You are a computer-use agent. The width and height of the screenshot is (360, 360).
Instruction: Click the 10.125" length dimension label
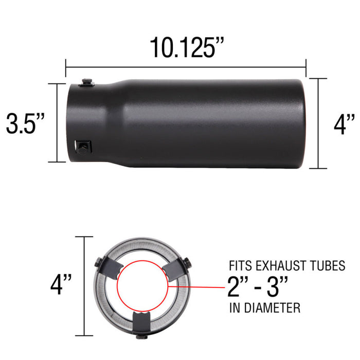[x=186, y=47]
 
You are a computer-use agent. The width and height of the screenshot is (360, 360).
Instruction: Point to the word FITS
[x=239, y=267]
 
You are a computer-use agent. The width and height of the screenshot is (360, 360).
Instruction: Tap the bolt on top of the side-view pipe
[x=87, y=82]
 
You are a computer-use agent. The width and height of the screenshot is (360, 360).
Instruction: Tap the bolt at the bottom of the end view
[x=141, y=337]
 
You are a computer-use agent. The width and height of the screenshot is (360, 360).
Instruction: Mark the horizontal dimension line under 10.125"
[x=186, y=66]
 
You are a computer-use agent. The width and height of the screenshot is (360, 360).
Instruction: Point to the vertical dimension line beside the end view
[x=84, y=285]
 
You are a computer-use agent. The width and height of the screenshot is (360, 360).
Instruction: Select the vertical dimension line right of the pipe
[x=318, y=123]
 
